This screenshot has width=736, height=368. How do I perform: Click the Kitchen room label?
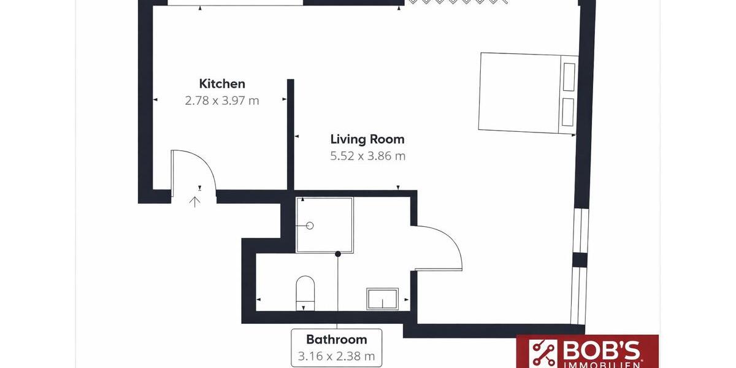(x=222, y=84)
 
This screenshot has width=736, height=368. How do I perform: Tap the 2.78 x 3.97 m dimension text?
(x=222, y=101)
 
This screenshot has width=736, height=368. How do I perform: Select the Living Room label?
(x=367, y=139)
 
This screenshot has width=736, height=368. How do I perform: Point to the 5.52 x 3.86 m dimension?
(x=368, y=156)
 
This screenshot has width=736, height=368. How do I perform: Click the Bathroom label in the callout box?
(x=337, y=339)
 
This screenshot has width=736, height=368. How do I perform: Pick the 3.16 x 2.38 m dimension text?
(x=337, y=356)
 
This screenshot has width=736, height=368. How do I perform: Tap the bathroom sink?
(x=383, y=299)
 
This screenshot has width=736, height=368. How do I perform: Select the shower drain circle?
(x=310, y=226)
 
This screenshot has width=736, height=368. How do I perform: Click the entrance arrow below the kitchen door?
(x=195, y=201)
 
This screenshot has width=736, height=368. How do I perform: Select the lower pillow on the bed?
(x=569, y=112)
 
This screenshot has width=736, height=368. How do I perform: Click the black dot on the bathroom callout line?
(x=337, y=253)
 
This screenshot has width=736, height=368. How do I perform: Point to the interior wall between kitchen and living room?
(x=291, y=135)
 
